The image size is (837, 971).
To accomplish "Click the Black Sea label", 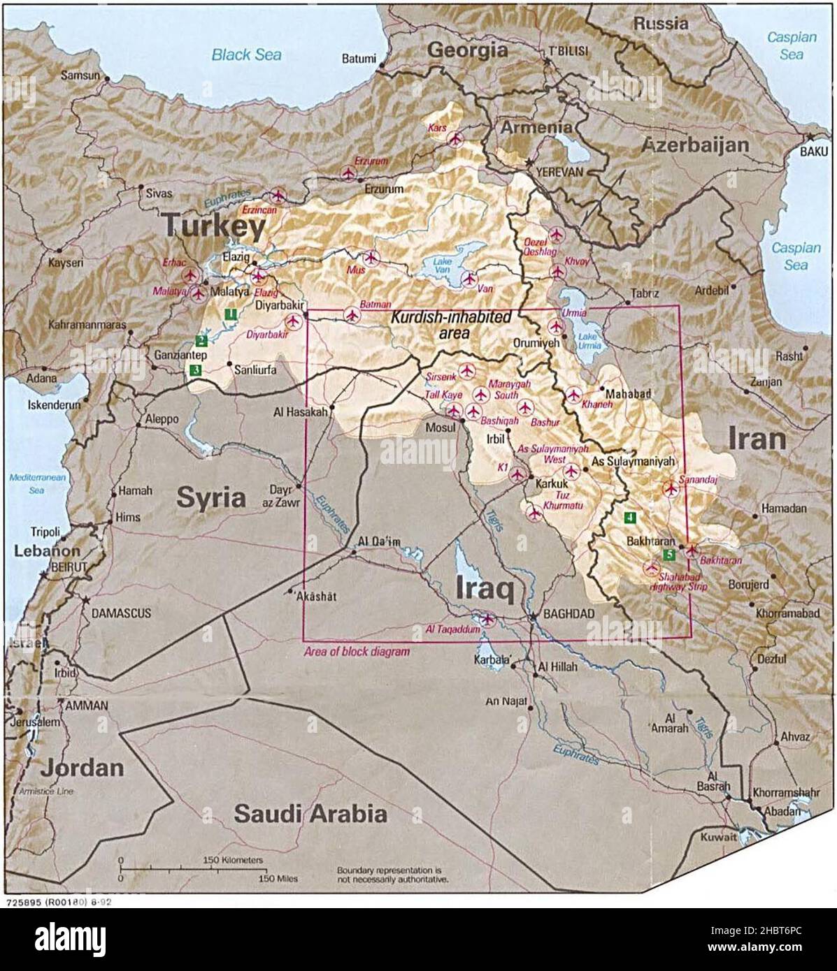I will [247, 54].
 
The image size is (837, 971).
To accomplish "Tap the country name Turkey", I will [214, 227].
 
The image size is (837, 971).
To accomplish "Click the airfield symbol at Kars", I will [455, 138].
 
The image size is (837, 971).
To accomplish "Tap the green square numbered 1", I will [229, 315].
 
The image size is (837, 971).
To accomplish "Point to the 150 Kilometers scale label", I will [233, 859].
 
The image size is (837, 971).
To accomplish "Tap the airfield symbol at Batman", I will [351, 316].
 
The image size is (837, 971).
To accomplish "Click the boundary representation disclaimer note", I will [392, 875].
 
